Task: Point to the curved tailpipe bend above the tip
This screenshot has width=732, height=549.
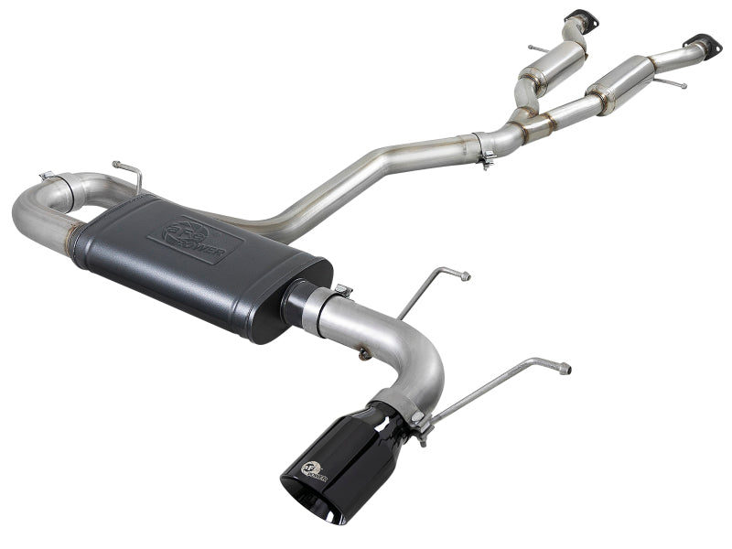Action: click(x=421, y=366)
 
